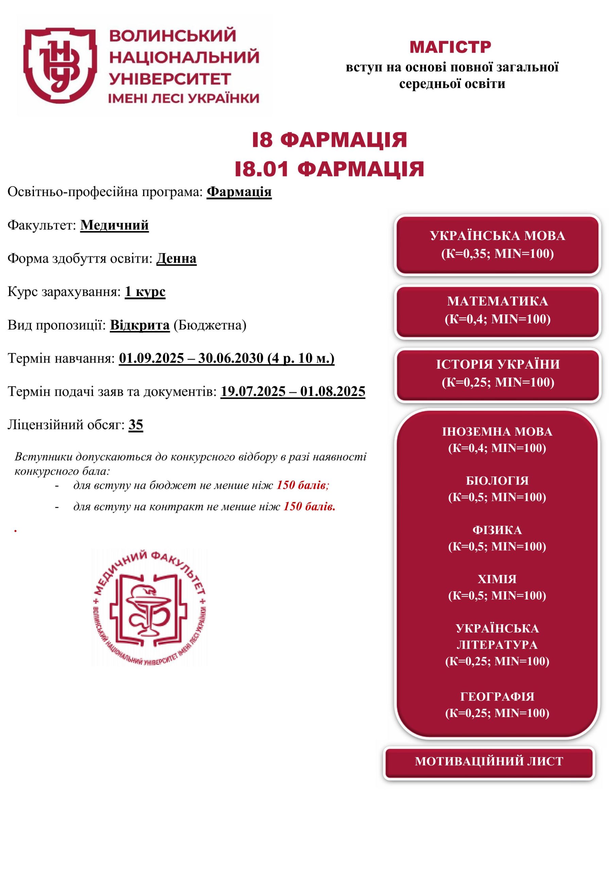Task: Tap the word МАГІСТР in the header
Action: pos(450,47)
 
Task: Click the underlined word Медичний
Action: pos(115,225)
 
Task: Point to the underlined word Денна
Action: pos(176,259)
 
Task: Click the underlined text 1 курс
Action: pos(145,292)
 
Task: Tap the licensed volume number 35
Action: pos(136,425)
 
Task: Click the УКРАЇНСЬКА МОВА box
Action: pos(497,245)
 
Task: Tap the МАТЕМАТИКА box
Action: pos(497,310)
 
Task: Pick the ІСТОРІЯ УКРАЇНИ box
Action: pos(497,373)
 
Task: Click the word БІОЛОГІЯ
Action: pos(497,481)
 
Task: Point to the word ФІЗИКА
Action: pos(497,530)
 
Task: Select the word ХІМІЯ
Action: pos(497,579)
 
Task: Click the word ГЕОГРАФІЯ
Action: pos(497,696)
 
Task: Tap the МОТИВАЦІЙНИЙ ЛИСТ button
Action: pos(489,761)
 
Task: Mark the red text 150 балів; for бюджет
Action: pos(302,485)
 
